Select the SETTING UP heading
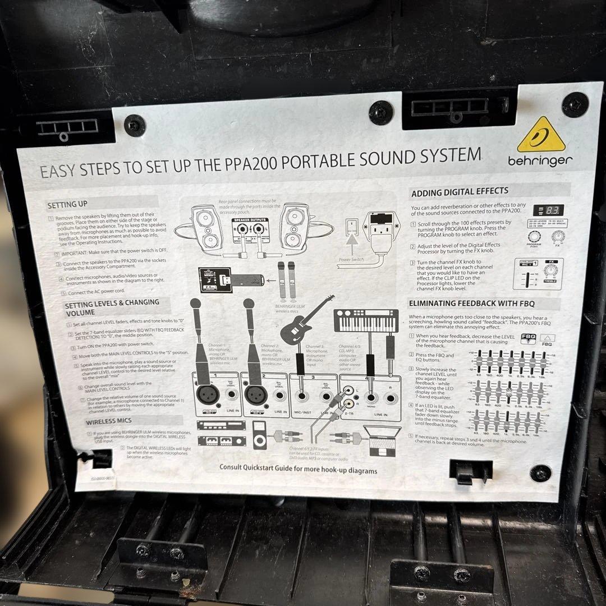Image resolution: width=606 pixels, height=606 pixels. pyautogui.click(x=67, y=204)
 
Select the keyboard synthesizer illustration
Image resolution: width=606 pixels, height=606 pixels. pyautogui.click(x=359, y=320)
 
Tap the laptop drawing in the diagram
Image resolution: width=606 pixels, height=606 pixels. pyautogui.click(x=381, y=440)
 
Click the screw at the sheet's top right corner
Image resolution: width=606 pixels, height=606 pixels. pyautogui.click(x=575, y=104)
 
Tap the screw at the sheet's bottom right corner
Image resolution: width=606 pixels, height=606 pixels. pyautogui.click(x=540, y=473)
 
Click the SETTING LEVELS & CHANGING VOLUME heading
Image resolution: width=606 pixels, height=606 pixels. pyautogui.click(x=112, y=307)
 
